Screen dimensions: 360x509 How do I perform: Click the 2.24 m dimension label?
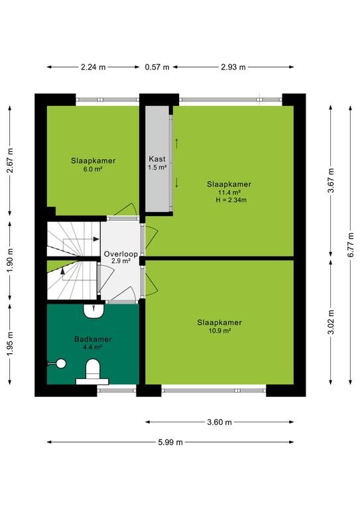(93, 67)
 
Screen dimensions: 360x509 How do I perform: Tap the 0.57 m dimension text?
(157, 67)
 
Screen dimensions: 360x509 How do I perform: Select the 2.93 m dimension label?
(233, 67)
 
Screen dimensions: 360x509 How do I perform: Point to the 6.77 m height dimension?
(351, 245)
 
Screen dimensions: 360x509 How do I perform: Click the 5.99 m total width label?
(170, 442)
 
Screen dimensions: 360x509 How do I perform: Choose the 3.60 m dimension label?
(219, 422)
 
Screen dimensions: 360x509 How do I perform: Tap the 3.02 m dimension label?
(331, 322)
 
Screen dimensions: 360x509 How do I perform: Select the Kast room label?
(157, 159)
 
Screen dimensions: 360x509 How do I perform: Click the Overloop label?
(121, 254)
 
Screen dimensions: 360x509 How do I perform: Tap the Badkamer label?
(93, 339)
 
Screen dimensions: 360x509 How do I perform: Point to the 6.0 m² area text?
(93, 169)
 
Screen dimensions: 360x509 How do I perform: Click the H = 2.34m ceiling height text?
(231, 200)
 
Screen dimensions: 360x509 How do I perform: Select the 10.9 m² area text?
(219, 331)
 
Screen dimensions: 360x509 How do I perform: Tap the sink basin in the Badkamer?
(93, 311)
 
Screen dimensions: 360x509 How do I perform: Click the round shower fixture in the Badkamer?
(61, 364)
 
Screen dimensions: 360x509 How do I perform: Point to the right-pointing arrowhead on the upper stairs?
(96, 239)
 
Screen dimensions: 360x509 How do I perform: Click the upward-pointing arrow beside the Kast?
(177, 143)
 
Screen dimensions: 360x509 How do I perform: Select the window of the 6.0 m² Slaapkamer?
(107, 99)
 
